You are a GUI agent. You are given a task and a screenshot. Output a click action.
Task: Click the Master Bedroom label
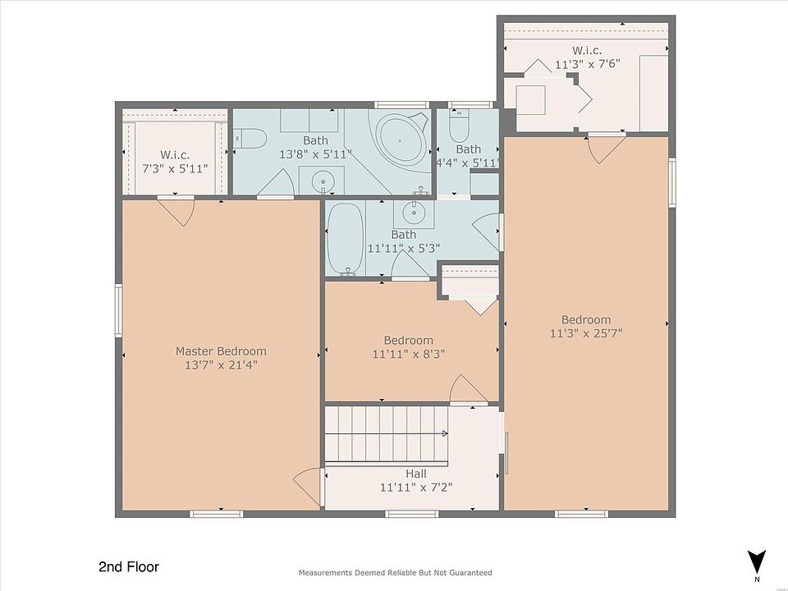221,351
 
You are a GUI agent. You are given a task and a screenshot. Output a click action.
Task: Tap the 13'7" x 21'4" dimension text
221,364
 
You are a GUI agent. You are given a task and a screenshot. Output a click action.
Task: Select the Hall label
416,474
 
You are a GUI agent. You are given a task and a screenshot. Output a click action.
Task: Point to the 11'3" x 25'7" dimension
586,333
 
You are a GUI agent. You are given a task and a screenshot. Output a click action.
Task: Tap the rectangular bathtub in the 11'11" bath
346,239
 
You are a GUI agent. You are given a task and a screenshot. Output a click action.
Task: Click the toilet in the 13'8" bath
250,138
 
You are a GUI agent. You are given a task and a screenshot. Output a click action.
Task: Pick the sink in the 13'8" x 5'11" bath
322,180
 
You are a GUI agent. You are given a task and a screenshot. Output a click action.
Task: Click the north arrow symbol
756,561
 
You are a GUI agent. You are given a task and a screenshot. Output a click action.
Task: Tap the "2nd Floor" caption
129,567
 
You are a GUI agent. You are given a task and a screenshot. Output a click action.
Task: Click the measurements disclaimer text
395,572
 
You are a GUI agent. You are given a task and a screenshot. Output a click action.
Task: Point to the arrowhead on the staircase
445,433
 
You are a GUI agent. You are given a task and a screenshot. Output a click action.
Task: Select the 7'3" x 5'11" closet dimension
175,169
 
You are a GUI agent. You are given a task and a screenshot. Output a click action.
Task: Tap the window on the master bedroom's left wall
119,310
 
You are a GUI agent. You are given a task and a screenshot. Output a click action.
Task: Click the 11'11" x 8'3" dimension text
409,354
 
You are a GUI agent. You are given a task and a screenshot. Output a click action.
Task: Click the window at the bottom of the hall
411,514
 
